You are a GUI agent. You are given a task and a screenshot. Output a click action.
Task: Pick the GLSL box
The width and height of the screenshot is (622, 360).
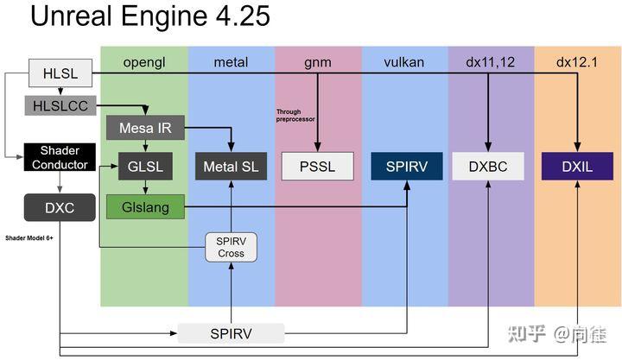click(x=140, y=165)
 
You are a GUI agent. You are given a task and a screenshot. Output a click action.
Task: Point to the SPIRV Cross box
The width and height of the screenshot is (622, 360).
click(x=231, y=247)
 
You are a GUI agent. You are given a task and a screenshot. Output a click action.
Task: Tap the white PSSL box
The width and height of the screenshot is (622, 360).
click(x=318, y=165)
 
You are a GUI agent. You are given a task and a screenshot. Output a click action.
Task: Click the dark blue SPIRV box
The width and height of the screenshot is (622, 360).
click(x=406, y=165)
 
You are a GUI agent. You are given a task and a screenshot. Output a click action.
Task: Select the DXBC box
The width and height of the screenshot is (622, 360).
click(x=488, y=165)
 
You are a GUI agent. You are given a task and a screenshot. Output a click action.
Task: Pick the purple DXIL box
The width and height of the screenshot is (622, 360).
click(x=577, y=165)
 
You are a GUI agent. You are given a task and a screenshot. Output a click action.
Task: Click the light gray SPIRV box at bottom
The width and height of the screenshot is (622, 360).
click(x=231, y=333)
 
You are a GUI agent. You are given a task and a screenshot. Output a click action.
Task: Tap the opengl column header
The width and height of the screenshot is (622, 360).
click(x=143, y=61)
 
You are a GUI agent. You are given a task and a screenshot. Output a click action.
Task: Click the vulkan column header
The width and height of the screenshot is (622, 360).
click(x=404, y=61)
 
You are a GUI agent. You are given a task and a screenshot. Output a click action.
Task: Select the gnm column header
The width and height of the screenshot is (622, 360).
click(x=317, y=61)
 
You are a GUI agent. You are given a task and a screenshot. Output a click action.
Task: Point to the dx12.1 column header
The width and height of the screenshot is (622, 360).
click(x=576, y=61)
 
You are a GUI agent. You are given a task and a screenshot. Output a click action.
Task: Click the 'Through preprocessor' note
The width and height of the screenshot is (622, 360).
click(x=295, y=115)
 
